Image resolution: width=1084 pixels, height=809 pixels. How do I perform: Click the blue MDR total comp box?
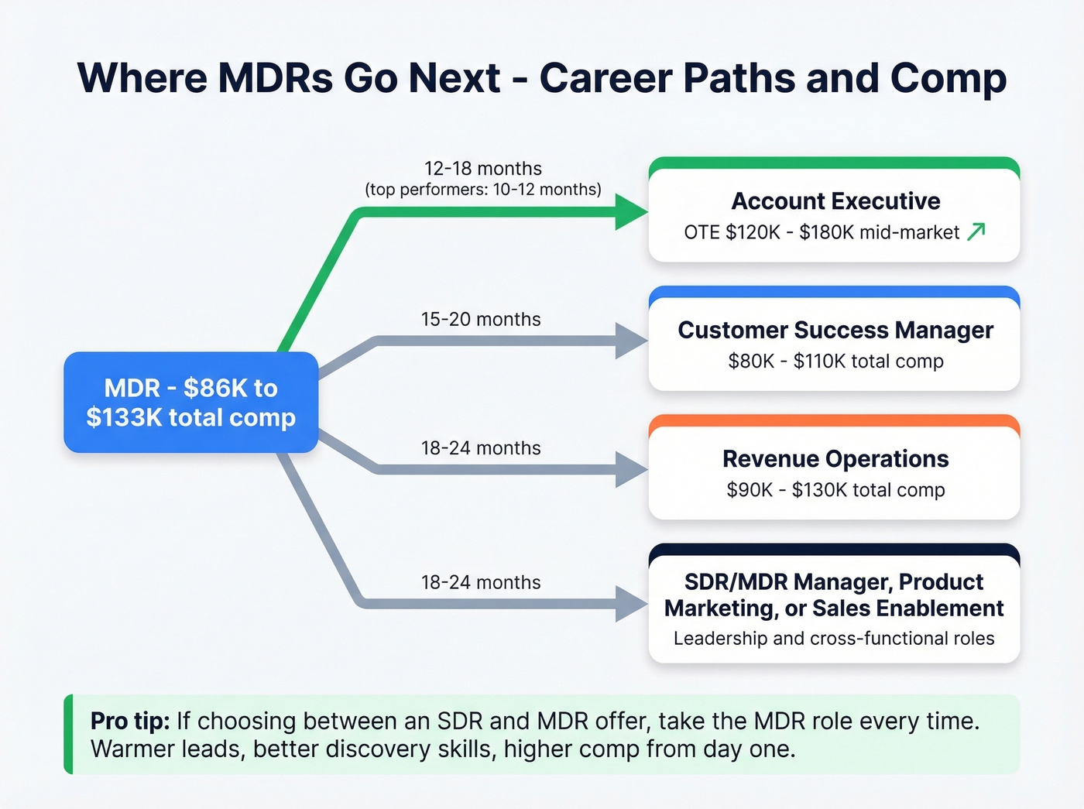190,403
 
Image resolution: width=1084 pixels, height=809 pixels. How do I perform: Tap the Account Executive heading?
835,201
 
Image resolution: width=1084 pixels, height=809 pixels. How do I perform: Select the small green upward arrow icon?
976,231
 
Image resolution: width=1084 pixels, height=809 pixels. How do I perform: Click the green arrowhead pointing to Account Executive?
630,212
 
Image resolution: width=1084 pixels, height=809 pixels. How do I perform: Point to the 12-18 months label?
482,169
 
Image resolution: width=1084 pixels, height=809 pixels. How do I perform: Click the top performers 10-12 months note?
482,190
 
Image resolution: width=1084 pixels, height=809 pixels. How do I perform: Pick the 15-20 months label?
480,320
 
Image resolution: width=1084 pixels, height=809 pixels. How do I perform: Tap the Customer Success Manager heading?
835,331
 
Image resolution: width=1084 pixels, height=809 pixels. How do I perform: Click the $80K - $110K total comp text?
835,362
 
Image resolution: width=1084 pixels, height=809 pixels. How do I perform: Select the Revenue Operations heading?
835,459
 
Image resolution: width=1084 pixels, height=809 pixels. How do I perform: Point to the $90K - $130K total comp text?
835,490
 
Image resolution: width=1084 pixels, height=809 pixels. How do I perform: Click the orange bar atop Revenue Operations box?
834,421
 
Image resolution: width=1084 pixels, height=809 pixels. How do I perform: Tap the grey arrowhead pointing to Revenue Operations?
630,469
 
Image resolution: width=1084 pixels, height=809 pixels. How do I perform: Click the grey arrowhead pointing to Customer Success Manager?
630,341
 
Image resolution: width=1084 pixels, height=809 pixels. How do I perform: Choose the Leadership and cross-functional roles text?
834,639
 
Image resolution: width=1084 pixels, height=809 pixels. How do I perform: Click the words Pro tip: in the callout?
130,722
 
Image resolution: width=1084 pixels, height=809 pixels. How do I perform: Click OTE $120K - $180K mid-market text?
821,232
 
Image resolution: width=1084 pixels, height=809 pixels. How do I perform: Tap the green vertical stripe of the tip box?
69,734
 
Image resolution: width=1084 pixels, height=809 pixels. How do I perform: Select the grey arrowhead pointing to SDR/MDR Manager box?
630,603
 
